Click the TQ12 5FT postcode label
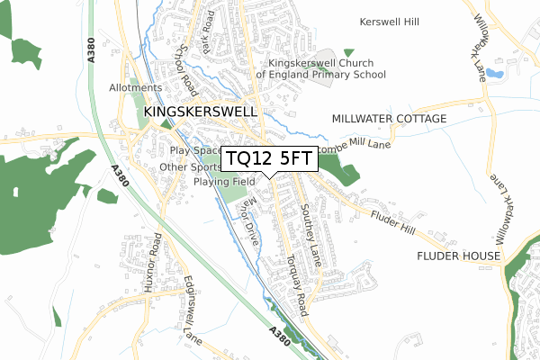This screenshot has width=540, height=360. coord(269,159)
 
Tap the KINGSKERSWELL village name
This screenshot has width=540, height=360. coord(200,112)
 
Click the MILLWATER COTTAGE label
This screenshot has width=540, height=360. coord(389,119)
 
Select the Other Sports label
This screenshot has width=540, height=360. coord(190,167)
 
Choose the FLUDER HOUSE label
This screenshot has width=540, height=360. coord(458,256)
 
